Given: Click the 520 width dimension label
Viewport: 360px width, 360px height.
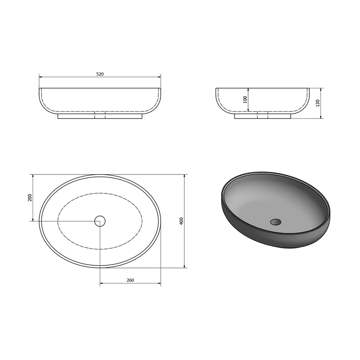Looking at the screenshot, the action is [100, 74].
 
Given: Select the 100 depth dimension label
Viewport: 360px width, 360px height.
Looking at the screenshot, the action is [245, 100].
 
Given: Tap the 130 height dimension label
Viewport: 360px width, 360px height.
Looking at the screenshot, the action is [317, 103].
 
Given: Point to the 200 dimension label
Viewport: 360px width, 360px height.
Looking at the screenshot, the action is [29, 198].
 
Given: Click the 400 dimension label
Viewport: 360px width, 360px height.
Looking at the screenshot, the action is [181, 221].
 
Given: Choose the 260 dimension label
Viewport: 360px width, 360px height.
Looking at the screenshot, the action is [130, 280].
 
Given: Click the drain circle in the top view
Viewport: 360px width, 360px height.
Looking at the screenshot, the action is [100, 221].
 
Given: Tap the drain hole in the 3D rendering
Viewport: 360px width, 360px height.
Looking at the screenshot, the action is [275, 222].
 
